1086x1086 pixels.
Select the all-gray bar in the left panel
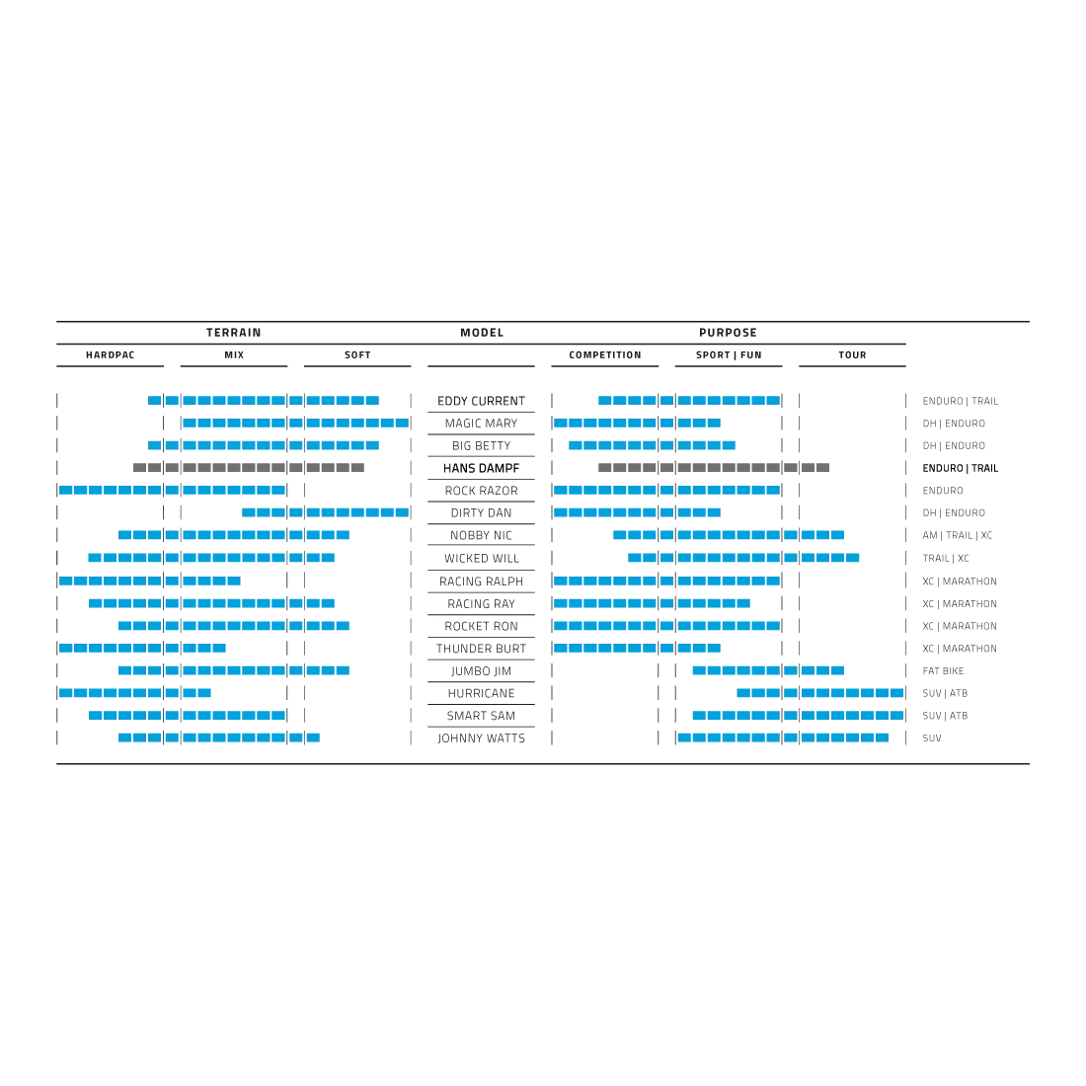(x=249, y=466)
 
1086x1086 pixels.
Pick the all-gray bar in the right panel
(x=711, y=466)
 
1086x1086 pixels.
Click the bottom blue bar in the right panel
(x=784, y=736)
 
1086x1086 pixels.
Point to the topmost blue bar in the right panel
(x=689, y=401)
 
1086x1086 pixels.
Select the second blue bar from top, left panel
(x=294, y=425)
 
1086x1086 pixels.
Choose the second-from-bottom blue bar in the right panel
(x=796, y=717)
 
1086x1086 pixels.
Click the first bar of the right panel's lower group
(x=766, y=671)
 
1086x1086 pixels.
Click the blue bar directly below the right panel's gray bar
(x=666, y=490)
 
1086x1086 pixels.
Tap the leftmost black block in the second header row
(x=107, y=354)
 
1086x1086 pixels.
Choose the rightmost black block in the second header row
(x=853, y=354)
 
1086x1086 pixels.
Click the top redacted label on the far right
(x=958, y=403)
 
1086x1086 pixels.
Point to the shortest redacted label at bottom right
(x=932, y=738)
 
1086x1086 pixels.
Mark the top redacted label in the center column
(x=482, y=402)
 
